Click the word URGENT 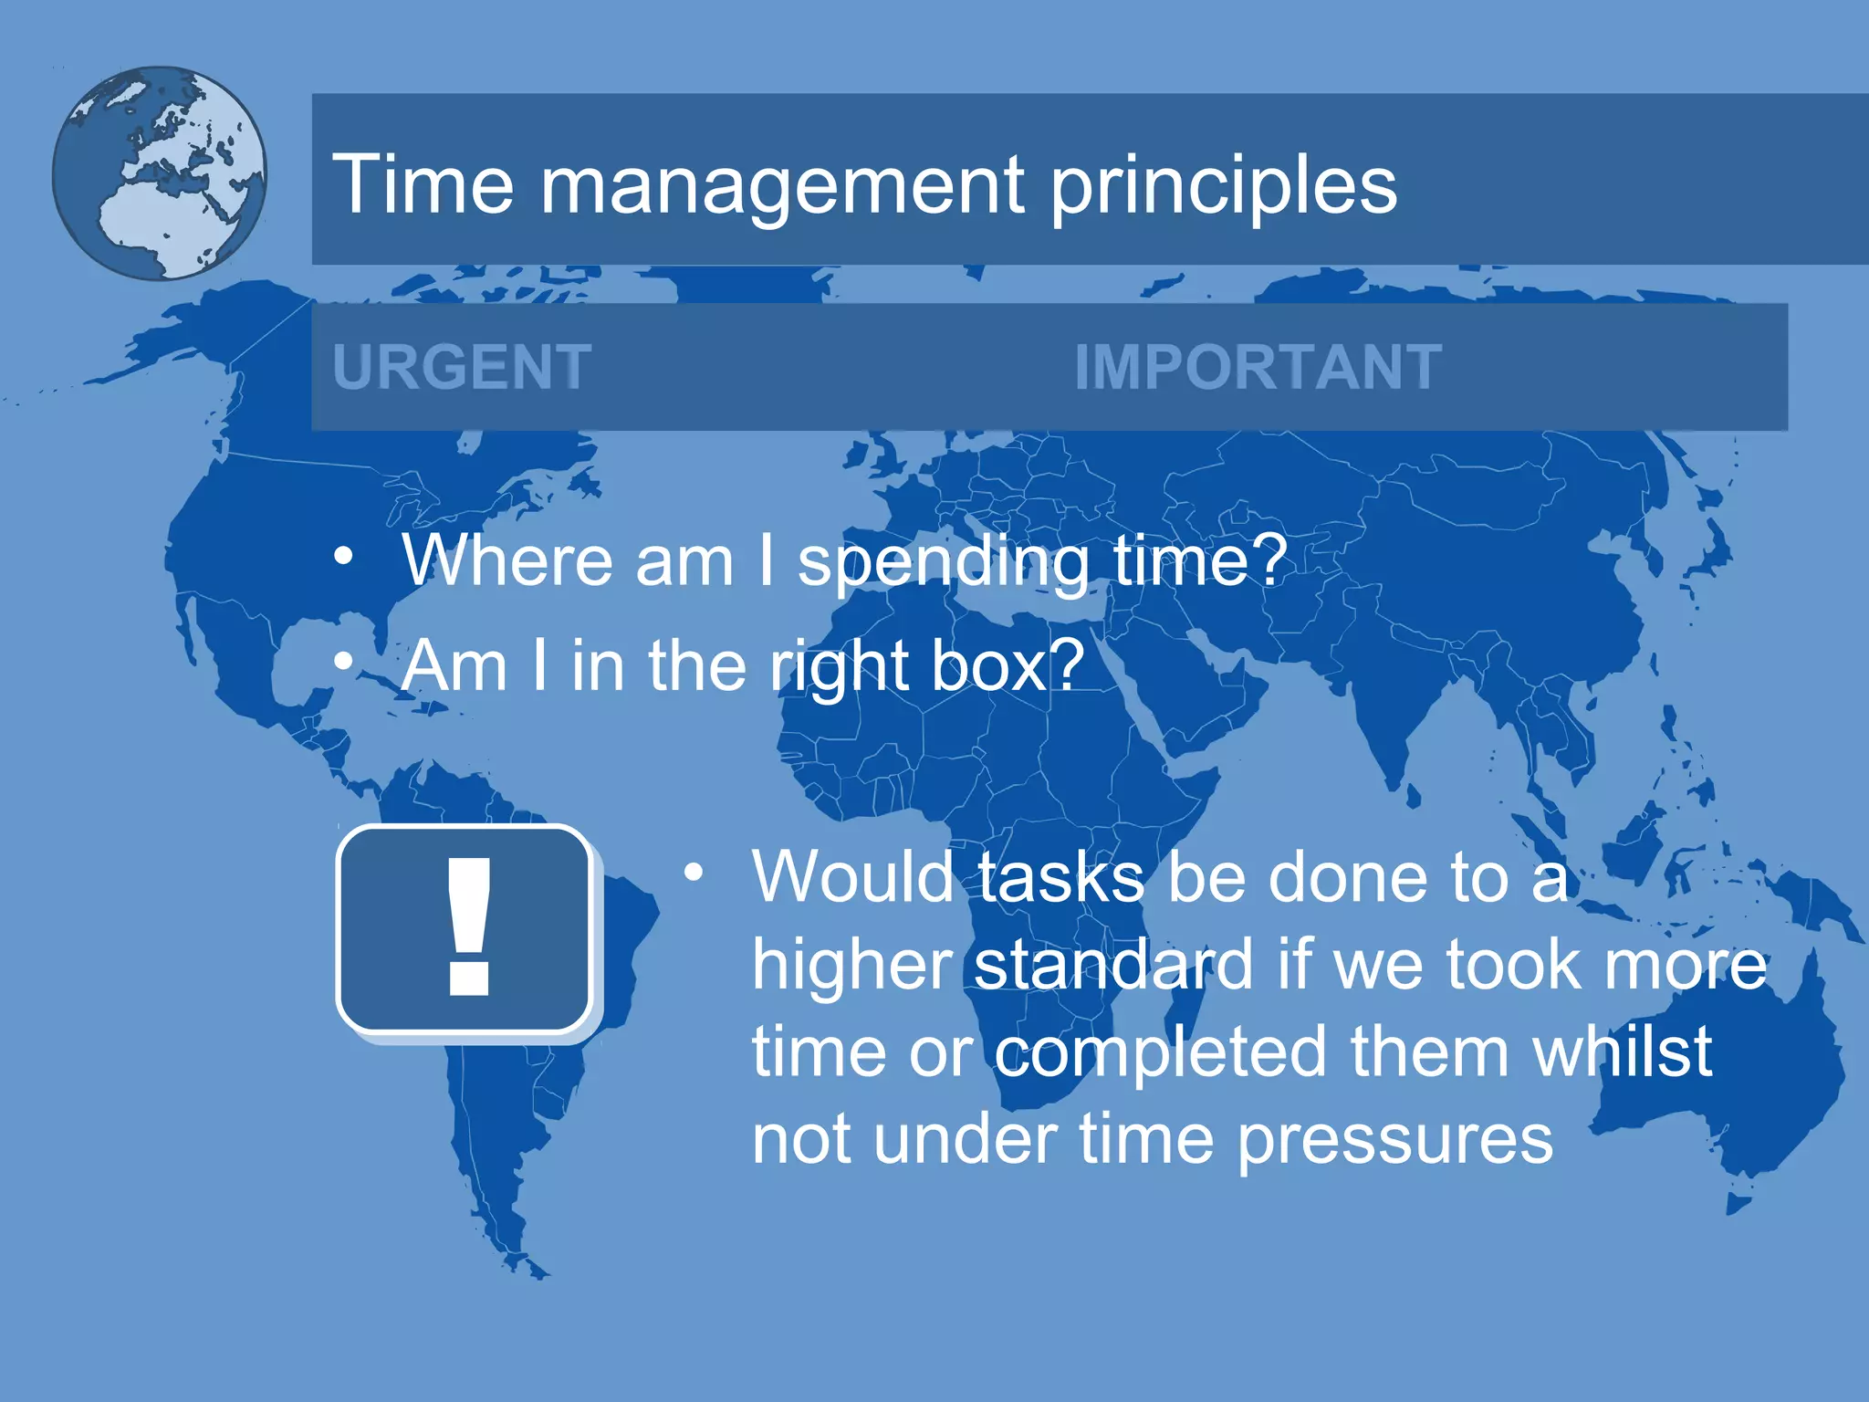pos(462,367)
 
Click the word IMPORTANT pos(1258,367)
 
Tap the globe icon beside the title pos(160,173)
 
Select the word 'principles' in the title pos(1223,186)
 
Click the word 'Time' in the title pos(423,184)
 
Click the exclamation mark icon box pos(466,929)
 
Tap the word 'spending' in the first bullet pos(944,561)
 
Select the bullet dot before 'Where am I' pos(343,555)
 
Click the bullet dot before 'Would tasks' pos(694,872)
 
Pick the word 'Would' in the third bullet pos(852,877)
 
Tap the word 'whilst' pos(1622,1051)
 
